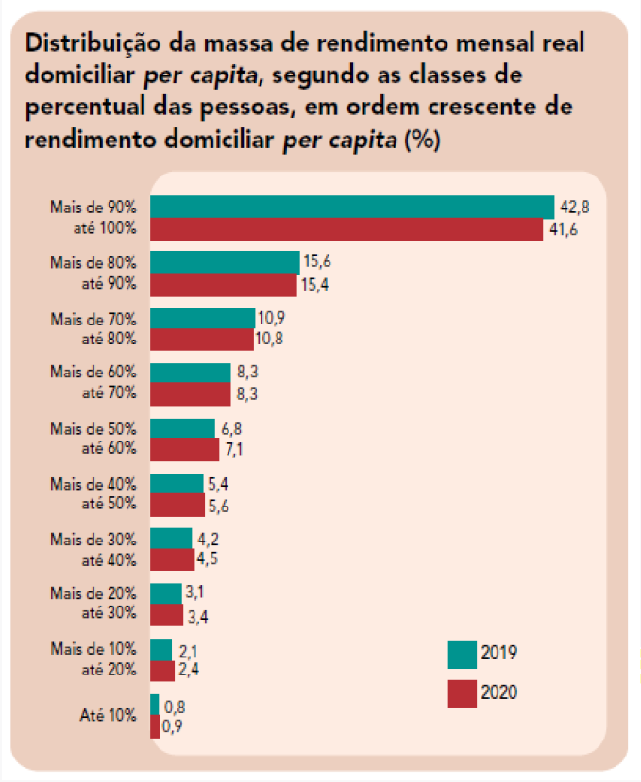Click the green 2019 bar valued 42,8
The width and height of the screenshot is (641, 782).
point(351,207)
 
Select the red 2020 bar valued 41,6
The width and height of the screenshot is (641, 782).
point(346,229)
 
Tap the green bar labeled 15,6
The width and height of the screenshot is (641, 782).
point(225,262)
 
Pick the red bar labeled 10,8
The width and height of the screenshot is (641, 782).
point(201,340)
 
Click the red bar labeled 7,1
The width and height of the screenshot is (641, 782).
point(184,450)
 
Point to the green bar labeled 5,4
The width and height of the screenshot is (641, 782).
point(177,484)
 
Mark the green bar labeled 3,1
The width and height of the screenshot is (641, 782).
point(165,593)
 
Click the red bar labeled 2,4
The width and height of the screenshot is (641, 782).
point(162,671)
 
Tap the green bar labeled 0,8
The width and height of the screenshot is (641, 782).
point(155,705)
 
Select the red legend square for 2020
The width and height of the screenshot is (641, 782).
point(463,693)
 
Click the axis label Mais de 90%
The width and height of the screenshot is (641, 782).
point(93,207)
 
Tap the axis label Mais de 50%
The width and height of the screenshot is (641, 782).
point(93,428)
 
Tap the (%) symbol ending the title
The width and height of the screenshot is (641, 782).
point(423,141)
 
